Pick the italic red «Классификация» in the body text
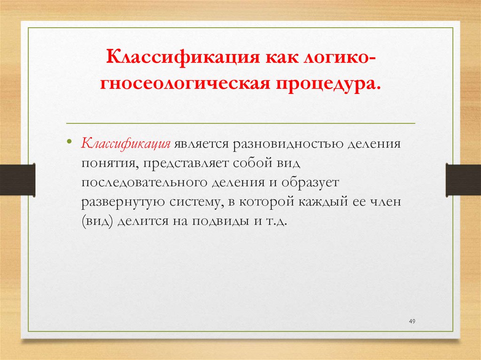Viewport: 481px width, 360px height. (x=126, y=143)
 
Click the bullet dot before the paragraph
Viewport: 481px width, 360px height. (x=70, y=142)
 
